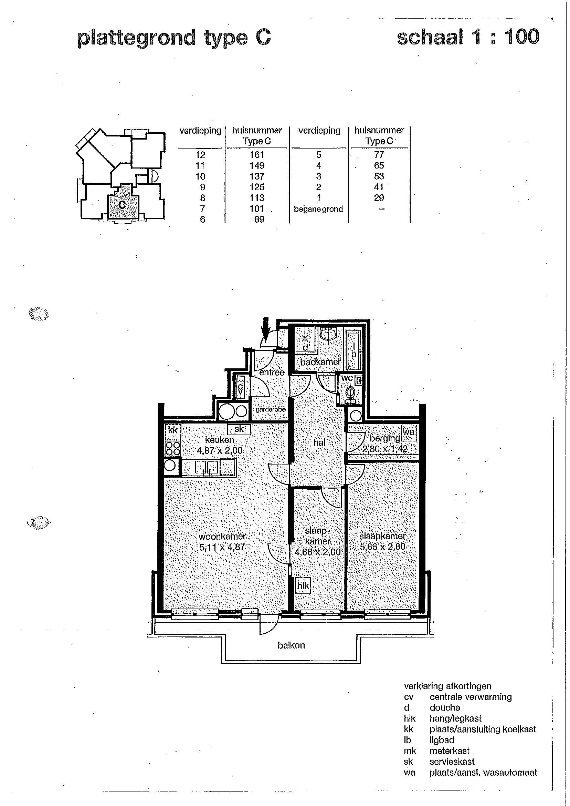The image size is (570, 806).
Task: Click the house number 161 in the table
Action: click(257, 155)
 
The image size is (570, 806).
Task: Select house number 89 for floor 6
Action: click(259, 219)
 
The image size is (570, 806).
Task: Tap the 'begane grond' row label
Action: click(318, 209)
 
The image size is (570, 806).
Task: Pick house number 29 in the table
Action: click(379, 198)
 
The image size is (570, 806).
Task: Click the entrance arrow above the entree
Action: click(266, 329)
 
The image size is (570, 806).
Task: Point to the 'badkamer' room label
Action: click(320, 362)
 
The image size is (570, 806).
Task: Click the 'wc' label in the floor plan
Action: click(347, 378)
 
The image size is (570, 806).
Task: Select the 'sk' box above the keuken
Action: click(239, 429)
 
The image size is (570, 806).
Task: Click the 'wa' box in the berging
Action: click(409, 433)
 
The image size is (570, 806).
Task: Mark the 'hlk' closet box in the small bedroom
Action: click(303, 586)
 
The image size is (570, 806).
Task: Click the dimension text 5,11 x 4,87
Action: click(222, 547)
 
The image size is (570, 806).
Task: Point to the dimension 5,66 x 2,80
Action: click(382, 547)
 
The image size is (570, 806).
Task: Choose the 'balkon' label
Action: click(291, 645)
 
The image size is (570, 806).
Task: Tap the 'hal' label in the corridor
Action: click(319, 442)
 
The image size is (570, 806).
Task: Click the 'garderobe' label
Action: click(271, 409)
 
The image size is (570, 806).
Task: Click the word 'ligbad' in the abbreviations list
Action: click(442, 740)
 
